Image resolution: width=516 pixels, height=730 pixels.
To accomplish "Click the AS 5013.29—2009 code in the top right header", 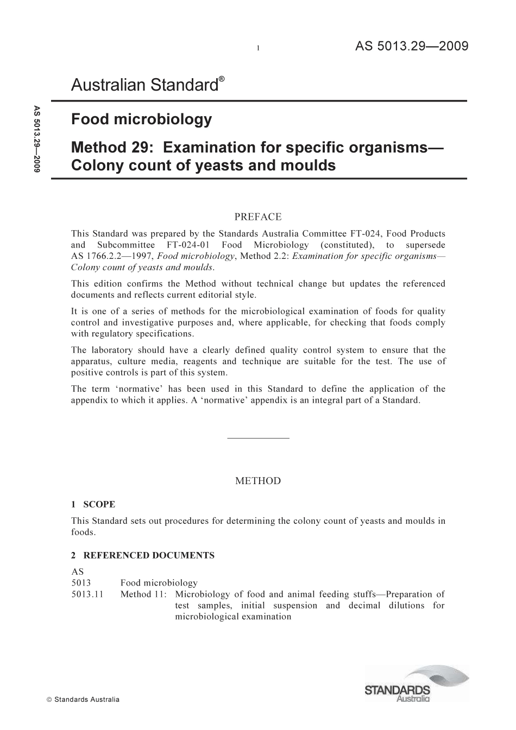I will click(x=412, y=46).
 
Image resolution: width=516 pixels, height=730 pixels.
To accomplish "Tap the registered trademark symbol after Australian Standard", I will click(x=222, y=79).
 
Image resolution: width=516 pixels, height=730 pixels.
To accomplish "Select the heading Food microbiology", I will click(x=141, y=119).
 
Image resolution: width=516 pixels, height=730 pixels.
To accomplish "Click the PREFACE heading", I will click(x=258, y=217).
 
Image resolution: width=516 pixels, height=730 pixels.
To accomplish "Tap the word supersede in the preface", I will click(x=425, y=245).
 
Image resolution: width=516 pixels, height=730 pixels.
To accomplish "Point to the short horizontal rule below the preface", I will click(x=258, y=438).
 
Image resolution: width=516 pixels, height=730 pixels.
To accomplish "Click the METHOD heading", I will click(x=258, y=481).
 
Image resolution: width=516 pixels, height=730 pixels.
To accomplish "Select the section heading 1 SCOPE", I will click(x=93, y=504).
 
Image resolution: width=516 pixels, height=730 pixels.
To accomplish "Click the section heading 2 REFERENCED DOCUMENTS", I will click(x=143, y=555).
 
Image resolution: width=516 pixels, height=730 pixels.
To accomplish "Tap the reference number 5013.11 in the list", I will click(x=87, y=594).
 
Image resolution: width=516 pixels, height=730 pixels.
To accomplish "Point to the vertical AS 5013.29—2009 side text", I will click(x=36, y=138).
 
